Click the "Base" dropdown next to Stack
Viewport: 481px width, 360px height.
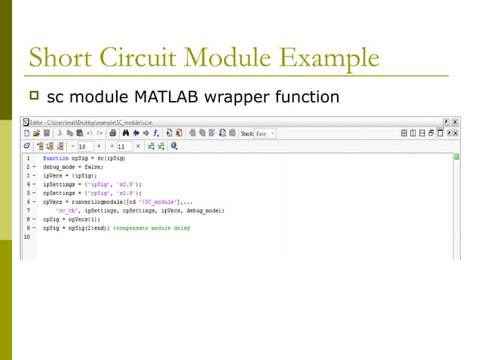265,133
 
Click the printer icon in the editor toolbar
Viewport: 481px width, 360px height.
113,133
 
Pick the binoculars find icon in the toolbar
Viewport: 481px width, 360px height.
126,133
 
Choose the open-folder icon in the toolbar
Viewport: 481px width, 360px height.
35,133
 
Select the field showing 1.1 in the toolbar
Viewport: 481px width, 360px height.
123,146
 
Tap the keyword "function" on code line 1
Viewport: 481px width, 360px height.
57,159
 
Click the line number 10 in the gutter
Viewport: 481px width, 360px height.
27,236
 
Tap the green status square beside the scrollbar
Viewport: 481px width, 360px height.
456,157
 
